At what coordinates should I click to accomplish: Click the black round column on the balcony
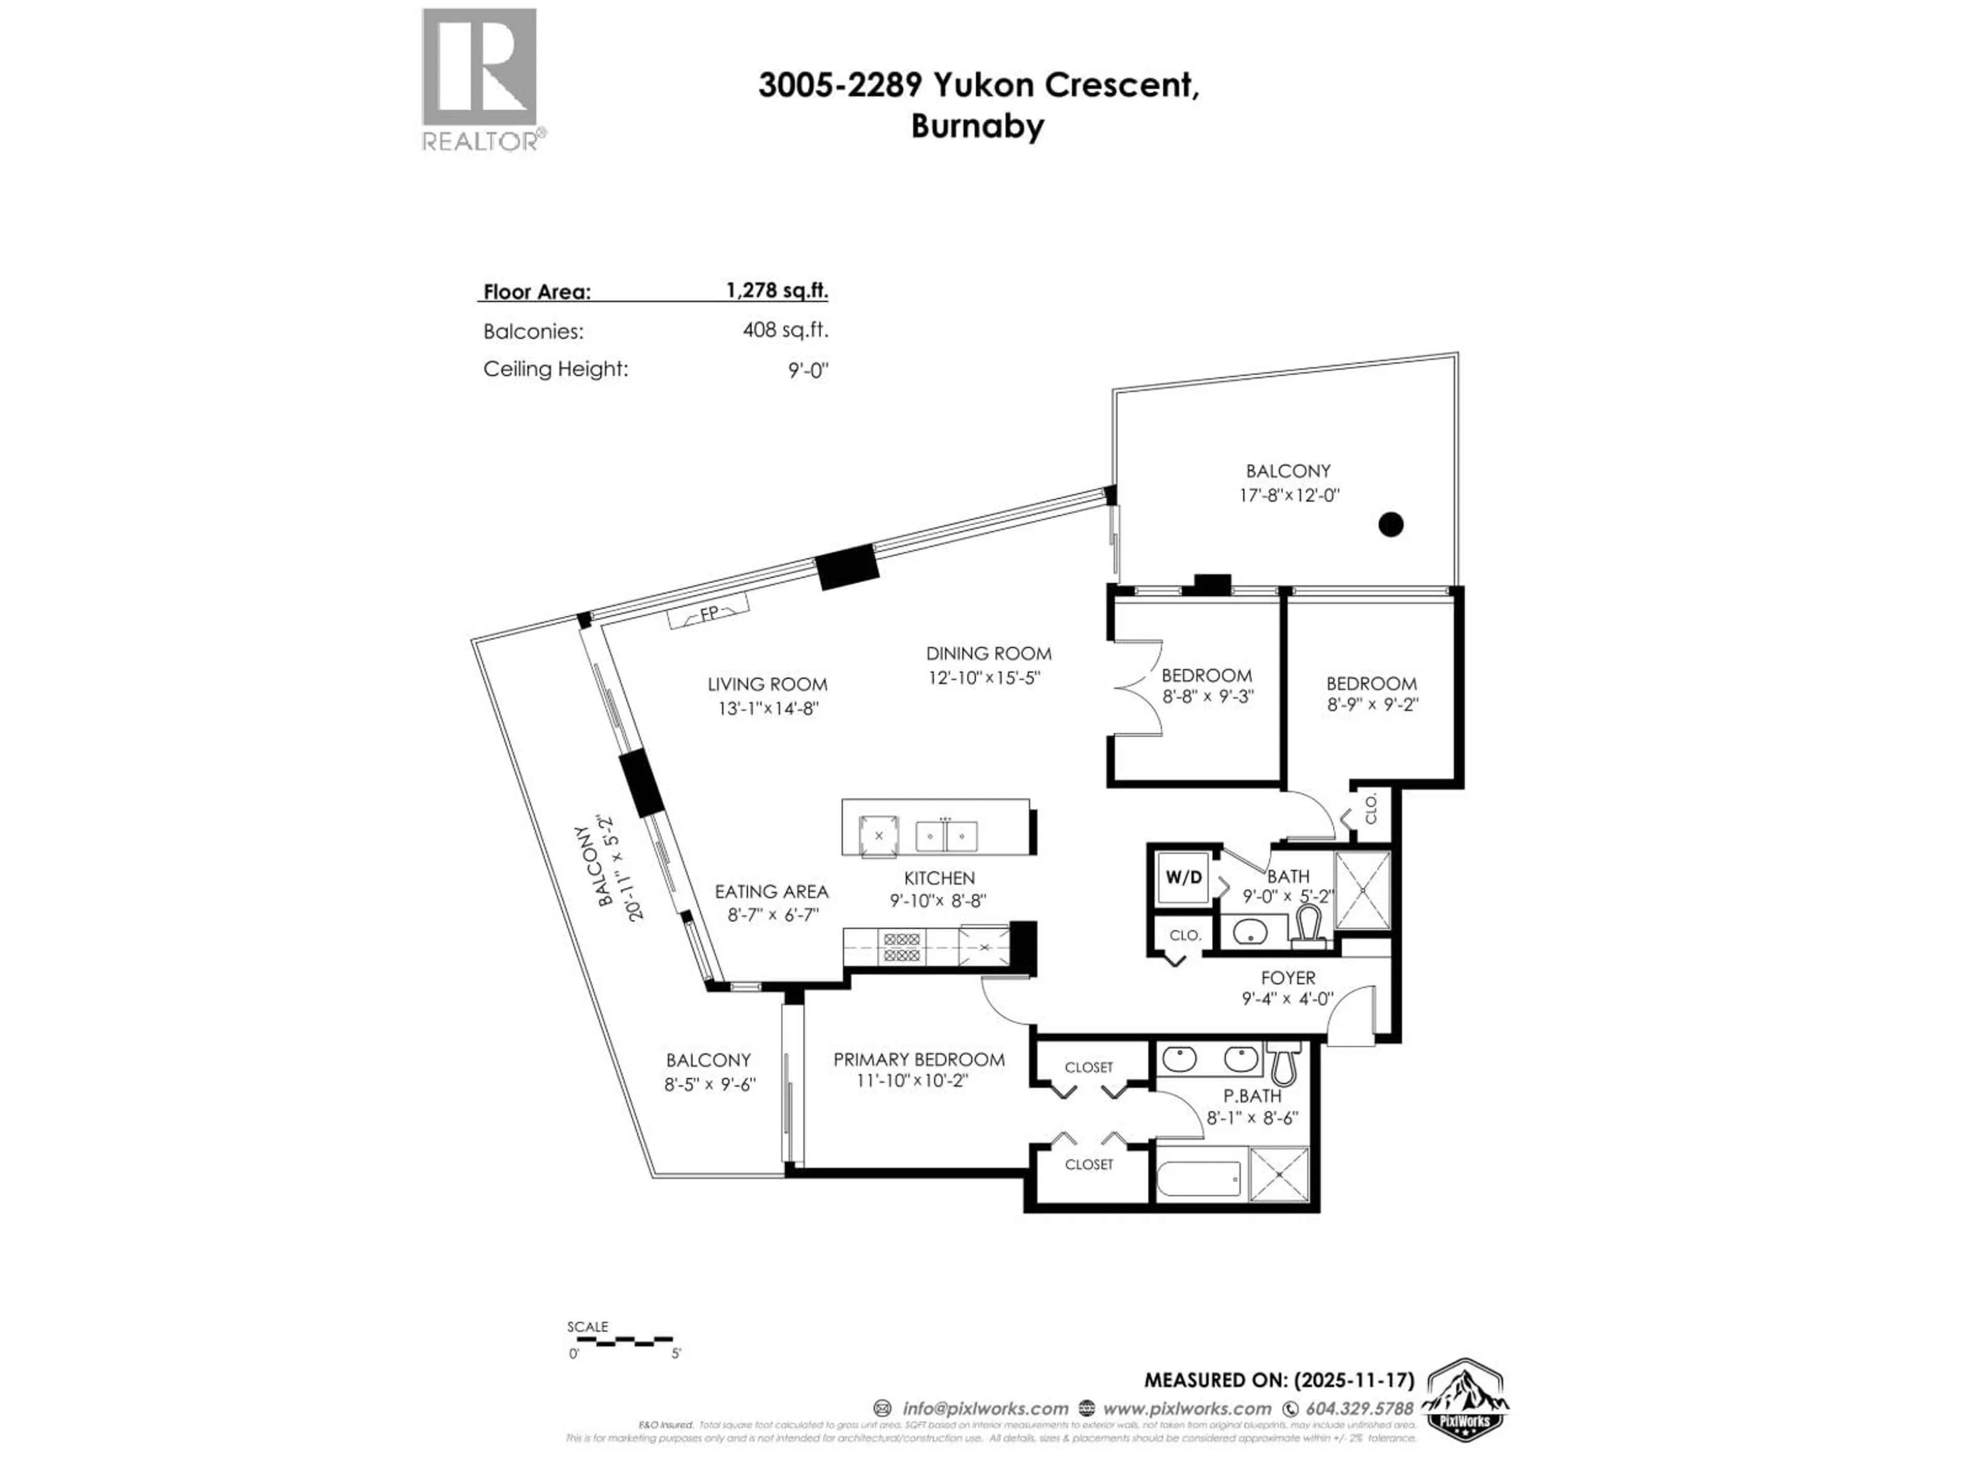(x=1391, y=524)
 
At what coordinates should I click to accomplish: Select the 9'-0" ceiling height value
(x=807, y=369)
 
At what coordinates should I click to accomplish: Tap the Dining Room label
(x=988, y=653)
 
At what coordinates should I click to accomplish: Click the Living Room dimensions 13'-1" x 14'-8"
(x=768, y=709)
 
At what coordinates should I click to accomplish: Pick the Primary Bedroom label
(x=919, y=1059)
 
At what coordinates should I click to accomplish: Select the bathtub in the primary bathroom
(x=1199, y=1180)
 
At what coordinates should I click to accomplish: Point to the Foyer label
(x=1287, y=977)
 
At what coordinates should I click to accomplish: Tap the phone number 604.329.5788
(x=1359, y=1409)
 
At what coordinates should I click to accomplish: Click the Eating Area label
(x=771, y=891)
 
